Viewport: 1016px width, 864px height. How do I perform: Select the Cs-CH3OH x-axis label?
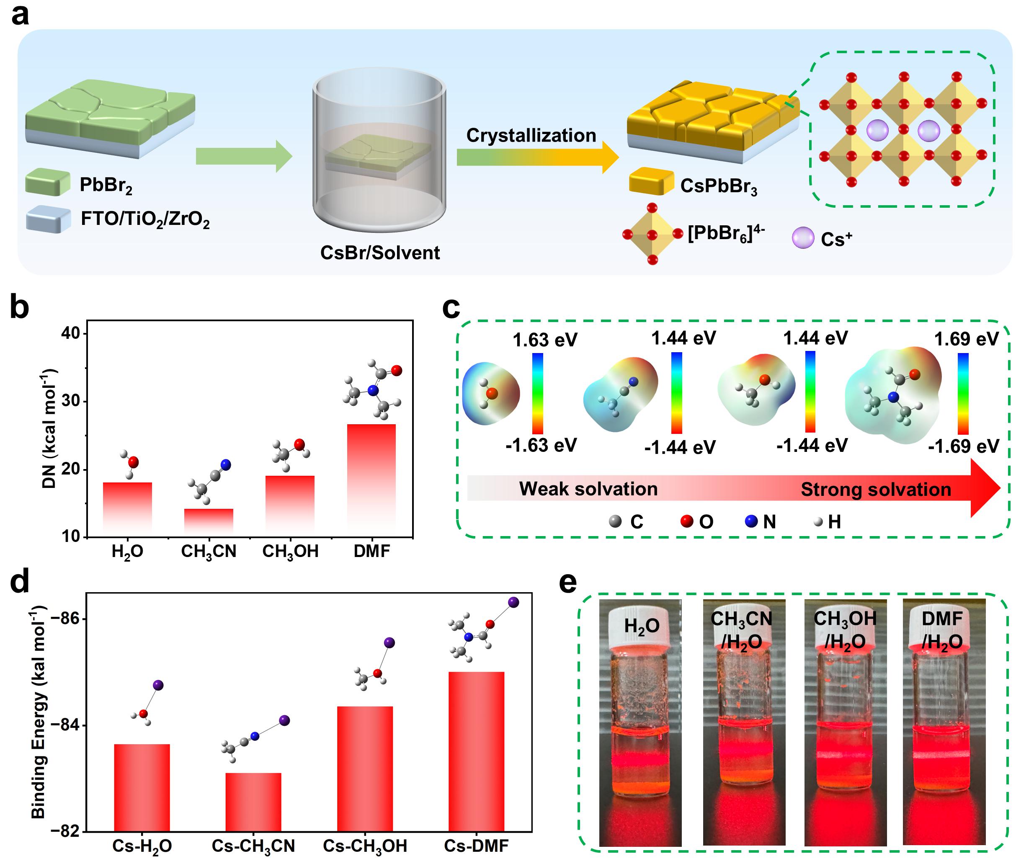coord(364,846)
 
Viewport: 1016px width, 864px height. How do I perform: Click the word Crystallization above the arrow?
coord(531,135)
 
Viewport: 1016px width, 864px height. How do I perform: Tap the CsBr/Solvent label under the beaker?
coord(380,253)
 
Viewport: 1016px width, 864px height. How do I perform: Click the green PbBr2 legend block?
coord(47,182)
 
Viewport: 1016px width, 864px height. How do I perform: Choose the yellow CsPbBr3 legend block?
coord(650,181)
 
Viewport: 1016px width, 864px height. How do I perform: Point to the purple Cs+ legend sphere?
coord(802,237)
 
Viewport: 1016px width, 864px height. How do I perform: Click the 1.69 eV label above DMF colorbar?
coord(966,339)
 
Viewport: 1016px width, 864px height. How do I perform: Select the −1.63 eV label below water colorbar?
coord(541,445)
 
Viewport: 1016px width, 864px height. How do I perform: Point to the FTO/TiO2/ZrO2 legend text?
coord(145,219)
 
